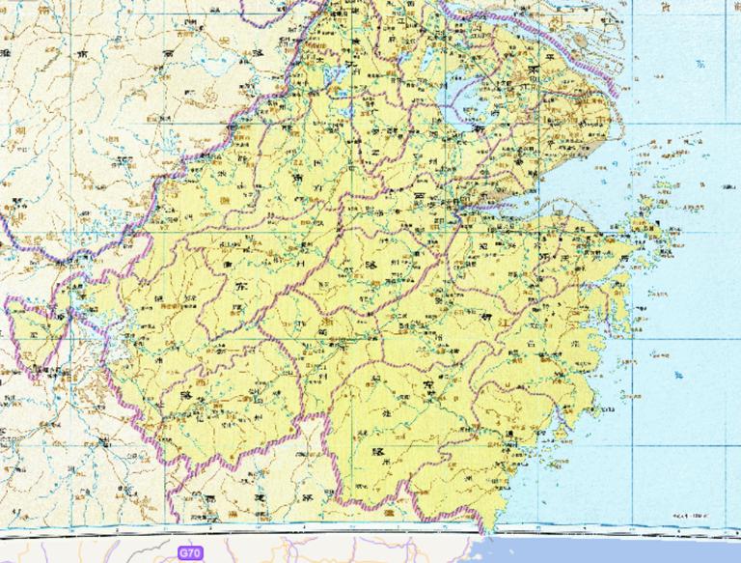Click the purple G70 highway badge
point(190,553)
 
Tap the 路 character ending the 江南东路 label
point(185,397)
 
